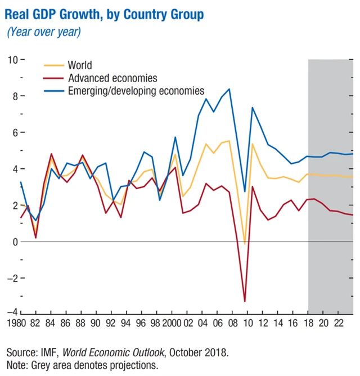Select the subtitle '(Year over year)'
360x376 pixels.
[x=44, y=32]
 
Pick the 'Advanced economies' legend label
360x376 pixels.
[x=112, y=78]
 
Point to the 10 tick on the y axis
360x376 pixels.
[x=11, y=60]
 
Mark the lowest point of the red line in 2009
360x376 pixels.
[x=245, y=302]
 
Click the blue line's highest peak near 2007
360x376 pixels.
[x=229, y=89]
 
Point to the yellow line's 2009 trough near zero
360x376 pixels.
[x=245, y=244]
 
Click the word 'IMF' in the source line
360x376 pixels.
[x=49, y=352]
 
